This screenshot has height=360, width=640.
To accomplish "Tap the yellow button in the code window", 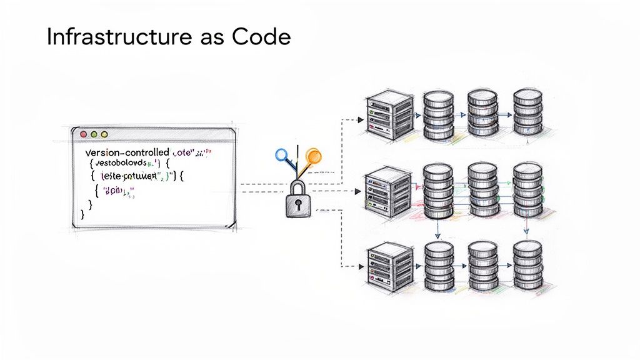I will pyautogui.click(x=104, y=134).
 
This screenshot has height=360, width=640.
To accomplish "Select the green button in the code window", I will pyautogui.click(x=93, y=134).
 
